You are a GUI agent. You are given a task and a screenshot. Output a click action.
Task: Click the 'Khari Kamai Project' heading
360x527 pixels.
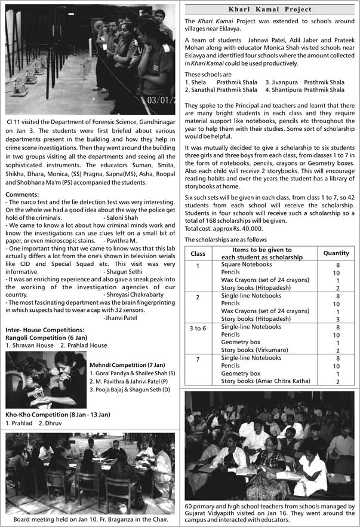click(x=270, y=10)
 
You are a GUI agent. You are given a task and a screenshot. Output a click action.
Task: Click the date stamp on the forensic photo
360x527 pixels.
click(x=161, y=100)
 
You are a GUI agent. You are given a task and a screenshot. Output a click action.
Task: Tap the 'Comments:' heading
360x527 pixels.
click(x=23, y=194)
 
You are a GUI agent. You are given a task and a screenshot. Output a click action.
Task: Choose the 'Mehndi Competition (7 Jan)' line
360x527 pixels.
click(x=127, y=365)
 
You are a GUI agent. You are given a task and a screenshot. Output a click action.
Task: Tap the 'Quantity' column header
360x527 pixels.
click(x=336, y=253)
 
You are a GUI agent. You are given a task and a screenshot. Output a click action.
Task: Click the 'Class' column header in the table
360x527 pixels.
click(x=198, y=254)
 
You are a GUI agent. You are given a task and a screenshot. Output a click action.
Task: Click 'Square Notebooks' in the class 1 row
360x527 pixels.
click(x=246, y=265)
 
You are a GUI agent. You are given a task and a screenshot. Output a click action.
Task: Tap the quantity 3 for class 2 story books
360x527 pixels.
click(x=338, y=319)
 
